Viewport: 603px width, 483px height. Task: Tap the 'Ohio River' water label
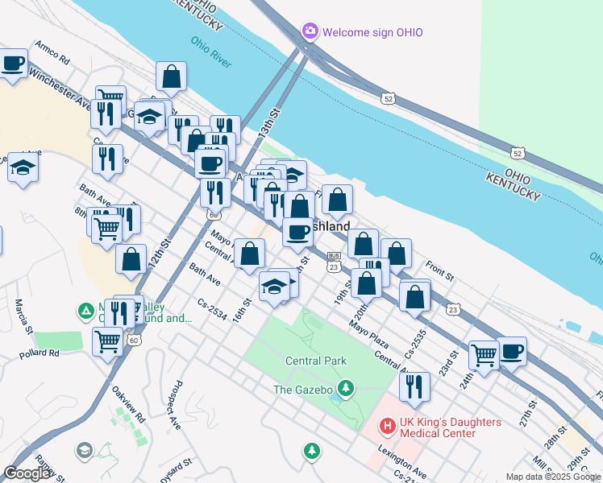coord(210,47)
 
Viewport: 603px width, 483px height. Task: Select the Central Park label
coord(316,361)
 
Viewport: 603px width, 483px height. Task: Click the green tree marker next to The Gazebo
coord(346,390)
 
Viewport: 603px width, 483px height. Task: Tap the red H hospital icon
coord(388,423)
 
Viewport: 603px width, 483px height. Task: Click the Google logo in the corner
coord(27,473)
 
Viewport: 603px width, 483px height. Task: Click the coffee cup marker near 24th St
coord(512,352)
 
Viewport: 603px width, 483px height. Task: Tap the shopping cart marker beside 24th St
coord(484,355)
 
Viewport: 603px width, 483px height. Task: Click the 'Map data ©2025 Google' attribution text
coord(553,476)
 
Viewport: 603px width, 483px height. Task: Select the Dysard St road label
coord(175,469)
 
